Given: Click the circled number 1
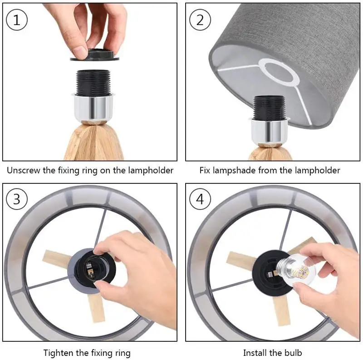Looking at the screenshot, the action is [x=17, y=20].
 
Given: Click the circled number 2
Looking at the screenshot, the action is [x=200, y=20].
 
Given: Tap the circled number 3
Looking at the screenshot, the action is [x=17, y=199].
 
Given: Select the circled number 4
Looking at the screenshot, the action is [x=200, y=199].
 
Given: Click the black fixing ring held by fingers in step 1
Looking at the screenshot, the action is [x=95, y=55].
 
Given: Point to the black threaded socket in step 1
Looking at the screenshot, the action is [x=93, y=83].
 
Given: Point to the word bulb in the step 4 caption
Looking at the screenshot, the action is [x=292, y=353].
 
